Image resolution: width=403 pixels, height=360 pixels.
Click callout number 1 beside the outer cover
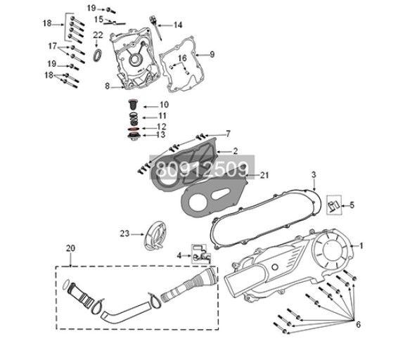tap(362, 245)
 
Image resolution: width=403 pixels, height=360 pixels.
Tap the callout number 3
tap(314, 174)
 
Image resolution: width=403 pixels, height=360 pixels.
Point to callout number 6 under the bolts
tap(358, 324)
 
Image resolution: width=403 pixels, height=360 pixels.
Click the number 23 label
tap(123, 233)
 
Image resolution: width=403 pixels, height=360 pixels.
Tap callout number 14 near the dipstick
tap(178, 25)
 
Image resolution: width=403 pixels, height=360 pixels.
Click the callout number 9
tap(212, 54)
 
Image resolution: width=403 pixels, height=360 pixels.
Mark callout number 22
tap(98, 34)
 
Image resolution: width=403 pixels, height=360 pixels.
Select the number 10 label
tap(163, 105)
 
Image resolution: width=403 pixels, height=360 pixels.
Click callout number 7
tap(227, 132)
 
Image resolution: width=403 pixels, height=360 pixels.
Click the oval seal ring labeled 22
tap(98, 55)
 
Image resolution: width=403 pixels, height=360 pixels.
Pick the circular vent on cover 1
tap(331, 248)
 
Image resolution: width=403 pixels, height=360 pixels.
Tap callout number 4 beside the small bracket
tap(179, 255)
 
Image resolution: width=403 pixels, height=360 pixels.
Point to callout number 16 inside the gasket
tap(182, 58)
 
